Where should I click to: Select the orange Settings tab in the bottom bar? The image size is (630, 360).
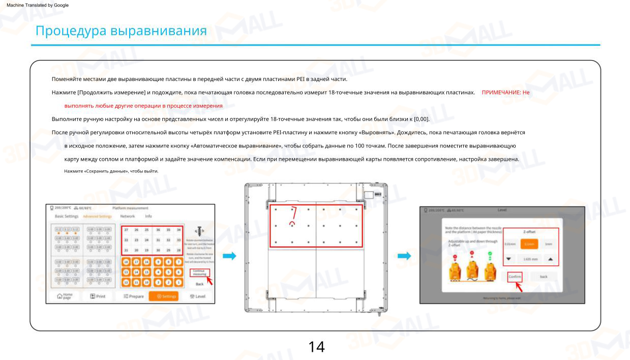tap(163, 296)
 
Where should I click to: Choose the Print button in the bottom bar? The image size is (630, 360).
tap(97, 296)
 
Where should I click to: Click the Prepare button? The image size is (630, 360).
tap(134, 296)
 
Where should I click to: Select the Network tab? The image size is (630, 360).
tap(127, 216)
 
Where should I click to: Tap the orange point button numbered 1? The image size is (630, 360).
tap(178, 283)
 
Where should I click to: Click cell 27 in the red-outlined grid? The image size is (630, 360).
tap(127, 230)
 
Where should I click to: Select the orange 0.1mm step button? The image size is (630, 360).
tap(529, 244)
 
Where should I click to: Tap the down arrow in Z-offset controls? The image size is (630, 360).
tap(509, 259)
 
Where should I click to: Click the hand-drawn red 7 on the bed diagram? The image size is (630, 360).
tap(293, 211)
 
